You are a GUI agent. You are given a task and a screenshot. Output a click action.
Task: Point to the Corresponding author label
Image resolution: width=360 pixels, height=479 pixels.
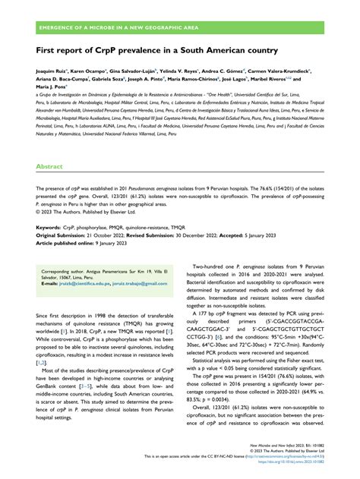66,269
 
